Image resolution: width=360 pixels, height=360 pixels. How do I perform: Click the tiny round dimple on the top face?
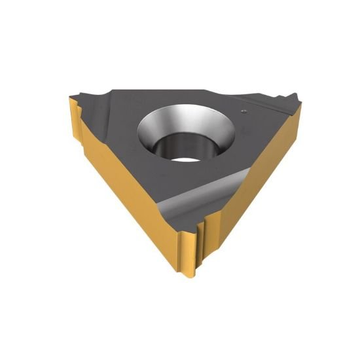click(x=242, y=111)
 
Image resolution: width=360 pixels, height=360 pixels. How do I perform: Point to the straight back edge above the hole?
click(x=183, y=94)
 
